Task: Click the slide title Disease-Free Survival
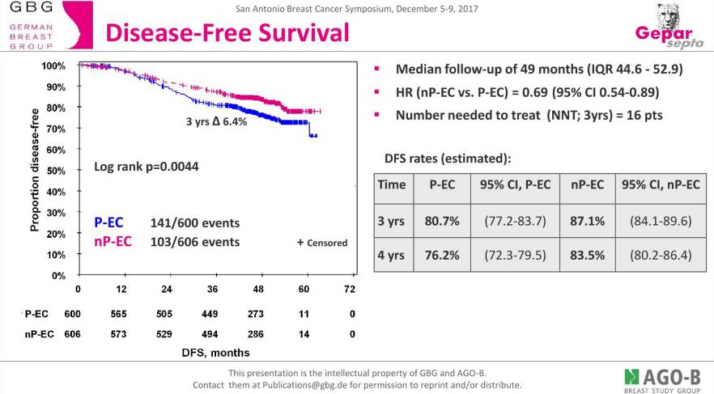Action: [x=227, y=33]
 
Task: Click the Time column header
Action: [x=392, y=185]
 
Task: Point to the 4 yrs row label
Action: [x=392, y=255]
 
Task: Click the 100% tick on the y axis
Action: [x=53, y=66]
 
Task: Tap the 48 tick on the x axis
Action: [x=258, y=289]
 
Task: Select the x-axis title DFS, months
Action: [x=215, y=352]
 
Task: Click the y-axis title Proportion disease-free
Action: [x=34, y=170]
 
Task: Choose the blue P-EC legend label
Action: [x=109, y=222]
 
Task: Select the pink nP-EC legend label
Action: [x=114, y=241]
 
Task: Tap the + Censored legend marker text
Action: [x=322, y=242]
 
